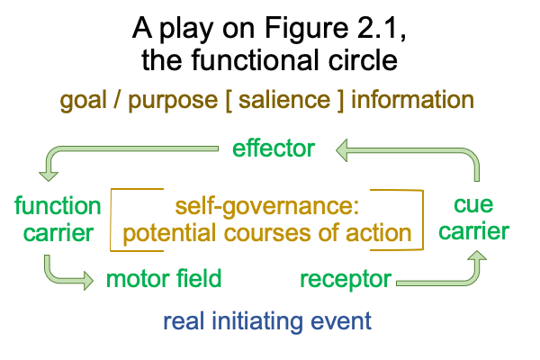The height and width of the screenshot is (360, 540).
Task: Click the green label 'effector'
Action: click(x=274, y=148)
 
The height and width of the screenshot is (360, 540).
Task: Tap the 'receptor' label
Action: click(x=346, y=279)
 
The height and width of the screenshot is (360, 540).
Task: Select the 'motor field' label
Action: click(x=164, y=278)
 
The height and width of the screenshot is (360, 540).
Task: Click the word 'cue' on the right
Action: click(x=473, y=204)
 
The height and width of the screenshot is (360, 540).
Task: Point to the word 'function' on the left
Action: click(x=58, y=206)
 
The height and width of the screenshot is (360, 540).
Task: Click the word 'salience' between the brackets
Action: click(x=284, y=100)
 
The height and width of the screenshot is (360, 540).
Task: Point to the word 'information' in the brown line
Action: click(x=412, y=100)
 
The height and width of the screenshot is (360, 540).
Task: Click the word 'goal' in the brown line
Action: click(x=83, y=101)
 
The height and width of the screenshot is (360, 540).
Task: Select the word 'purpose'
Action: click(x=173, y=102)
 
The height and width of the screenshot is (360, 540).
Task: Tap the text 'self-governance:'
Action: click(x=267, y=207)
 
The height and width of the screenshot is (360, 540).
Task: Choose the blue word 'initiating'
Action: click(x=257, y=321)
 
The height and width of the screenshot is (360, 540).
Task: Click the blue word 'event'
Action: click(x=341, y=321)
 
